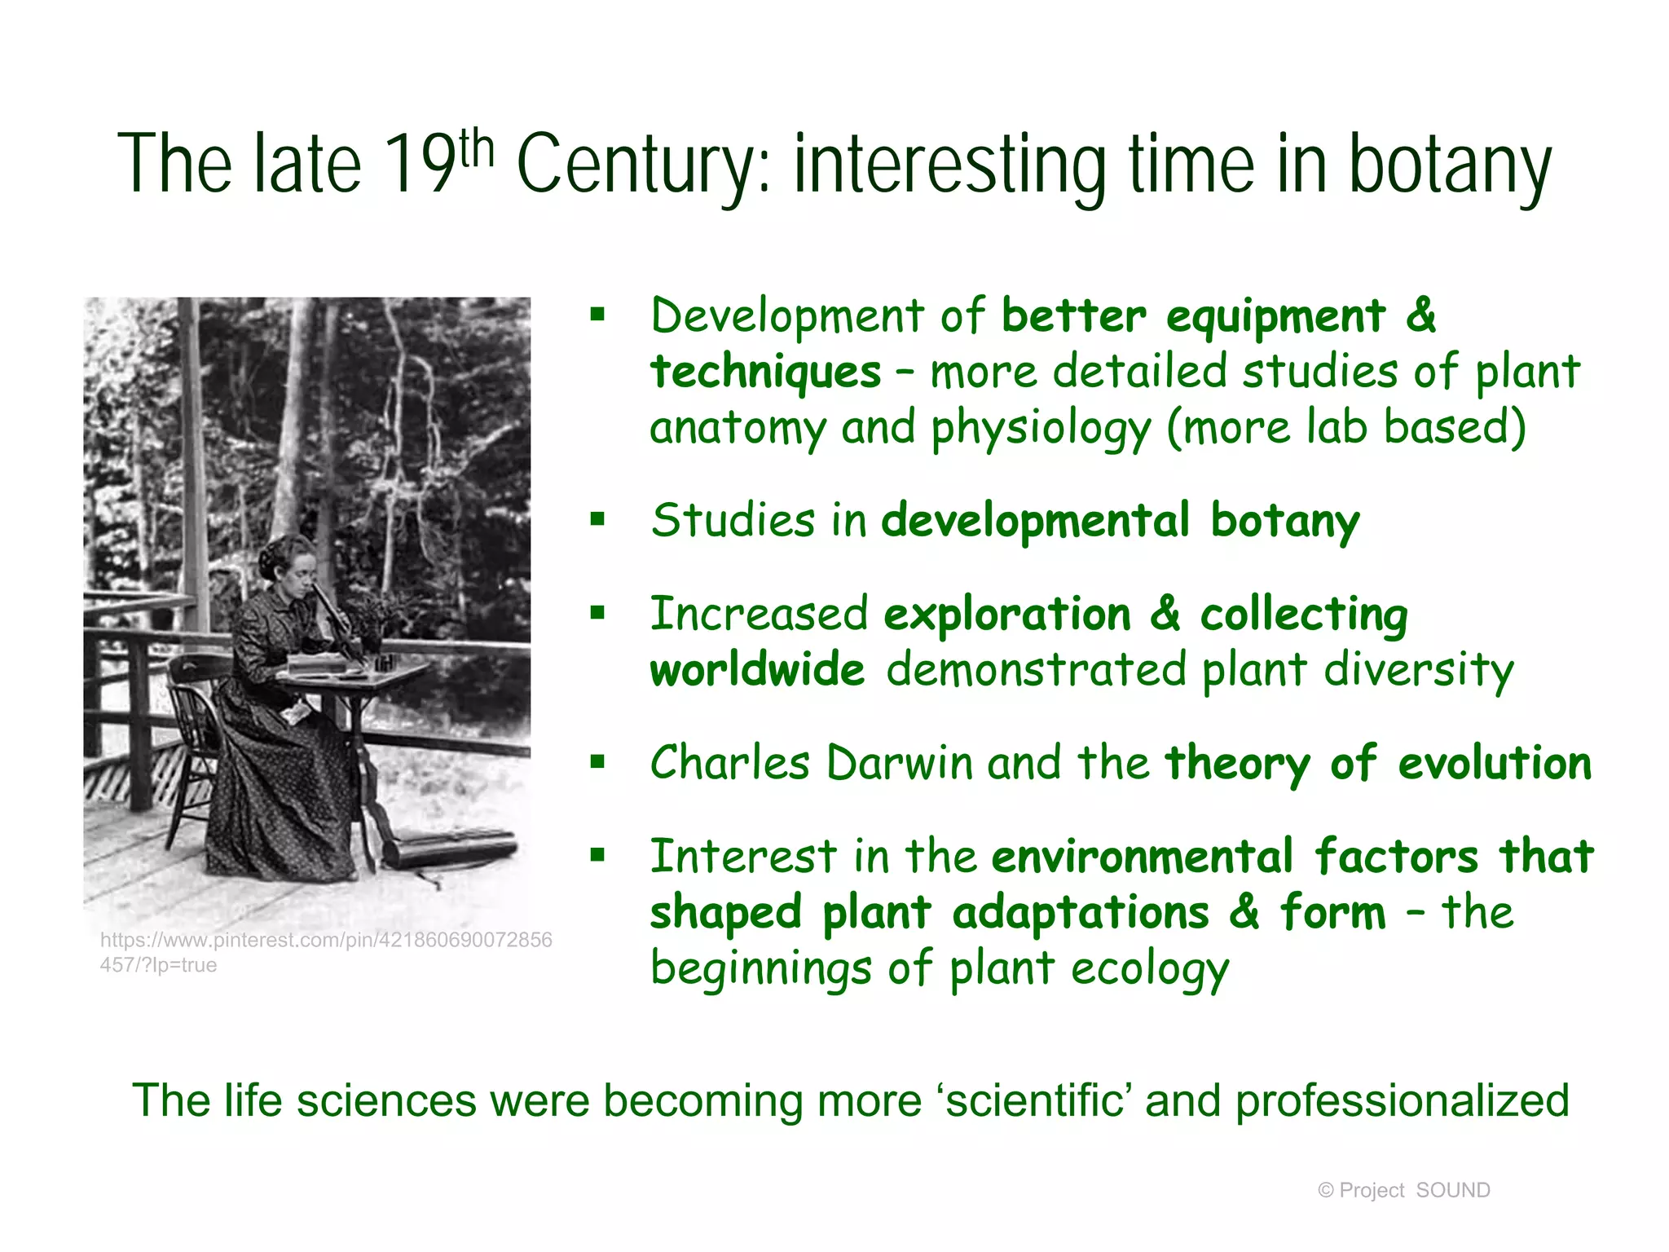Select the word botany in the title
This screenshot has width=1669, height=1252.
[x=1450, y=165]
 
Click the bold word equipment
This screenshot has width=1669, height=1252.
[x=1275, y=316]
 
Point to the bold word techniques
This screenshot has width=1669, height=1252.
[x=765, y=373]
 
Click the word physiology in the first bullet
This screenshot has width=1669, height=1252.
[x=1041, y=428]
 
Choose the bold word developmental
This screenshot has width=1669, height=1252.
[x=1036, y=521]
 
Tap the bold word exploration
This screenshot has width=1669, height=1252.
[x=1007, y=614]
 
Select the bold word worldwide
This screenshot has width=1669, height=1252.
[x=757, y=670]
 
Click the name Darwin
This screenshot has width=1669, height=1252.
[x=899, y=764]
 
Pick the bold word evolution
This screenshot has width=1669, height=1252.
[x=1495, y=764]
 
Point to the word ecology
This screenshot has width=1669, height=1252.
[x=1149, y=969]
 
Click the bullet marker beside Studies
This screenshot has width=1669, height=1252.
[x=598, y=519]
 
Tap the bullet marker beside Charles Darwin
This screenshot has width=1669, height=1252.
[x=598, y=763]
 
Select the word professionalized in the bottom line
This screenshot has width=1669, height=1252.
[x=1402, y=1100]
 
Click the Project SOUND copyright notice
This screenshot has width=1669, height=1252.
[x=1403, y=1190]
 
